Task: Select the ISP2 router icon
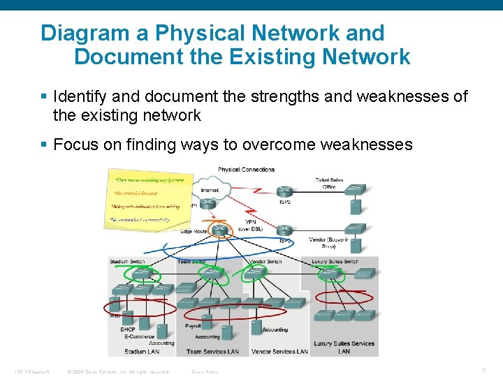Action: click(x=284, y=192)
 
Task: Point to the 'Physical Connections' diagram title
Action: click(x=246, y=170)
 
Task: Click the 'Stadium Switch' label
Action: click(x=127, y=262)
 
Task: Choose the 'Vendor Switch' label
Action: click(x=265, y=262)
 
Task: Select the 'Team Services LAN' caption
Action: click(x=212, y=352)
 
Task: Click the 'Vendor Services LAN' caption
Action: click(x=279, y=352)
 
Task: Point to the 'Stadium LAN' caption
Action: click(x=142, y=352)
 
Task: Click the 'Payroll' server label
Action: click(x=194, y=326)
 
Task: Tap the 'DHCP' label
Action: click(x=128, y=330)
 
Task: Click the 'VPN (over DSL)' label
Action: click(x=250, y=225)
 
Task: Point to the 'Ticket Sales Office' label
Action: click(x=329, y=183)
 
